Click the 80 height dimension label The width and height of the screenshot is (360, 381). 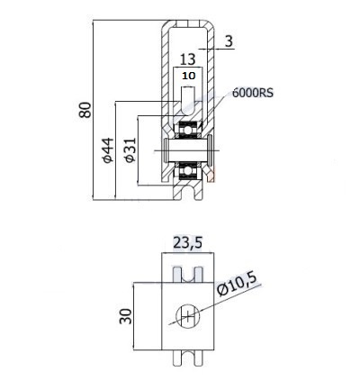click(85, 110)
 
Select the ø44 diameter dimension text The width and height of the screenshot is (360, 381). click(108, 150)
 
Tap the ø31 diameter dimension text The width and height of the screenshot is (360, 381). click(130, 150)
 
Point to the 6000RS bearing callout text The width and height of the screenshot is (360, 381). click(253, 93)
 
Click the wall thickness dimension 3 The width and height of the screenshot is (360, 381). click(229, 41)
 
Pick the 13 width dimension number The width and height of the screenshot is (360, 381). click(188, 59)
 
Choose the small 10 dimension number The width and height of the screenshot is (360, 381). click(189, 76)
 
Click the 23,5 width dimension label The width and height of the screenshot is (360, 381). click(188, 242)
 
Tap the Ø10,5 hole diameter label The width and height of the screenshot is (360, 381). click(238, 285)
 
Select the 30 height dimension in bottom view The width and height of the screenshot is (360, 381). click(126, 316)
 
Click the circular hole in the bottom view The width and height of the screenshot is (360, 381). click(188, 316)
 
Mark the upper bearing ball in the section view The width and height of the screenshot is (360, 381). click(188, 131)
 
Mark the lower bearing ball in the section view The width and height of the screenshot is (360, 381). click(188, 171)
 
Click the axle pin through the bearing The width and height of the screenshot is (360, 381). click(188, 150)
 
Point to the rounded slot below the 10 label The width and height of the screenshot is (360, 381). click(188, 100)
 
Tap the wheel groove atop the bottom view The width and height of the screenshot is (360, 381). click(188, 275)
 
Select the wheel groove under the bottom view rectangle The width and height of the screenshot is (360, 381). click(188, 358)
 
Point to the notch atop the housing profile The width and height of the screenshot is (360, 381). click(188, 23)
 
